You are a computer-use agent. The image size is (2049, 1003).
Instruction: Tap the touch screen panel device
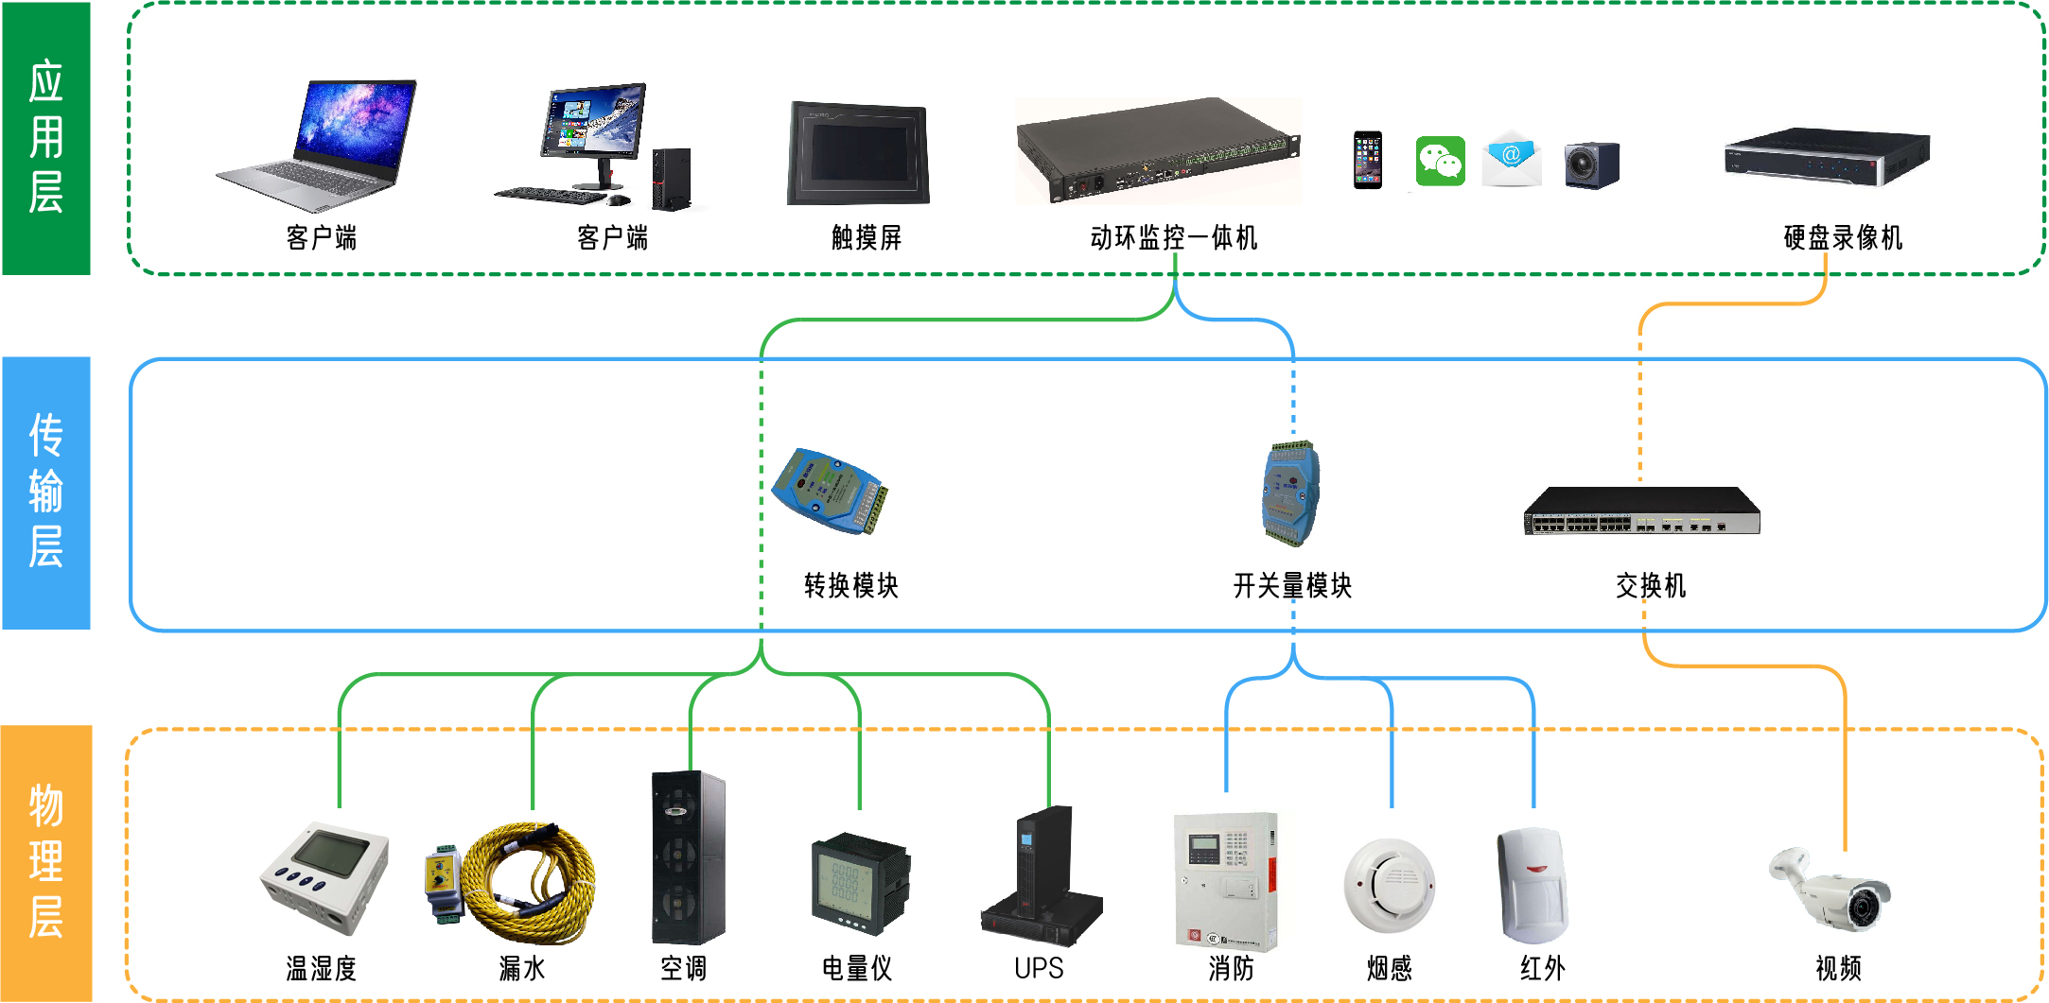tap(858, 153)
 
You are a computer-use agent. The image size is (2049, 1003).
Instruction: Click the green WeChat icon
tap(1440, 162)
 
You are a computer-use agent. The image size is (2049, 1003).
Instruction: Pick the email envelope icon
tap(1511, 160)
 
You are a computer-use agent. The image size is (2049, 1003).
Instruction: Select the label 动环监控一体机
tap(1174, 238)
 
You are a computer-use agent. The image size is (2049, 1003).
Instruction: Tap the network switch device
tap(1641, 511)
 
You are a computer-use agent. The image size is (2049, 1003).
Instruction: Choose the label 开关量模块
tap(1292, 586)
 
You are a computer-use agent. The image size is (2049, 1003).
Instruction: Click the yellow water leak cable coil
tap(530, 883)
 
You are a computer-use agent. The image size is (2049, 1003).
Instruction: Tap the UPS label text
tap(1039, 969)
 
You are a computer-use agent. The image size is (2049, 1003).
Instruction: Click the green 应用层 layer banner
tap(46, 138)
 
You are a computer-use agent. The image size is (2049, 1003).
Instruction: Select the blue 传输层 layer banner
tap(46, 493)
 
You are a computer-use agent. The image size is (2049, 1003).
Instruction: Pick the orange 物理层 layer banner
tap(46, 862)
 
